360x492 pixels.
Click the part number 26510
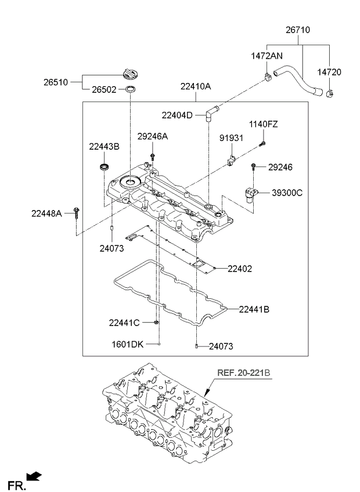[x=55, y=82]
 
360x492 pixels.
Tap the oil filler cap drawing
[x=130, y=74]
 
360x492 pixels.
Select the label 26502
[x=103, y=89]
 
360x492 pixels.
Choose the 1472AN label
[x=267, y=56]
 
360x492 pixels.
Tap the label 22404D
[x=178, y=115]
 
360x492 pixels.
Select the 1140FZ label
[x=264, y=124]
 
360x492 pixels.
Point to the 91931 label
[x=231, y=138]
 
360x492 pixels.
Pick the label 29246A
[x=153, y=136]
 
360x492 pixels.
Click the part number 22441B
[x=254, y=309]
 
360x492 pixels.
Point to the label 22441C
[x=125, y=322]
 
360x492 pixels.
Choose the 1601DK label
[x=127, y=345]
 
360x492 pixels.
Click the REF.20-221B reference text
[x=244, y=372]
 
